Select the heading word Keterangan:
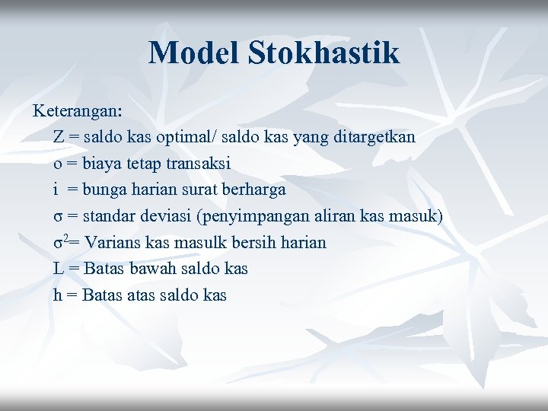tap(77, 111)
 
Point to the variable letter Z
tap(59, 138)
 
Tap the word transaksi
tap(194, 164)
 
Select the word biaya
tap(102, 164)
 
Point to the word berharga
tap(253, 190)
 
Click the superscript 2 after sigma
tap(65, 238)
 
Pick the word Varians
tap(109, 243)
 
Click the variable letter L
tap(58, 269)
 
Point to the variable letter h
tap(58, 295)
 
